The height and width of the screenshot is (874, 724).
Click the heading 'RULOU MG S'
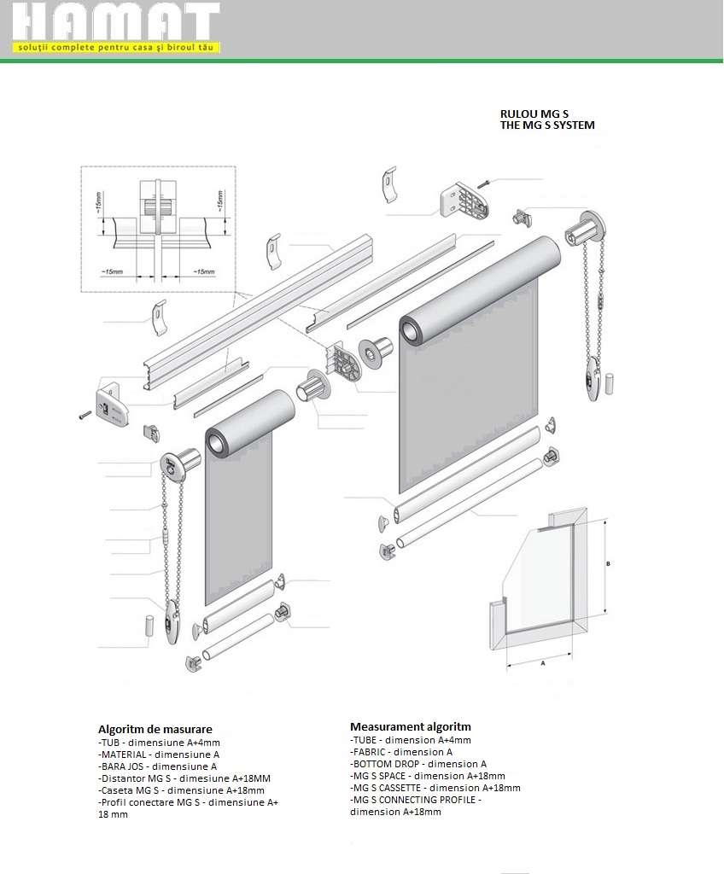[534, 113]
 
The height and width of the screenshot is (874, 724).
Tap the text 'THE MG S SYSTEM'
[547, 125]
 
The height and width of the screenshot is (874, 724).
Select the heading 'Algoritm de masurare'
[155, 730]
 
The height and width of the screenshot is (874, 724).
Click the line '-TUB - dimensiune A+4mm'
[159, 743]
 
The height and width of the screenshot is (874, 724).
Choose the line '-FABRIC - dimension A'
[401, 752]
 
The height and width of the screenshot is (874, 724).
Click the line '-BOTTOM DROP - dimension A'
[418, 764]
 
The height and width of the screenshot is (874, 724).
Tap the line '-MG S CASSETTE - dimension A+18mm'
[435, 788]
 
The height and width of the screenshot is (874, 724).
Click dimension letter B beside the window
[607, 564]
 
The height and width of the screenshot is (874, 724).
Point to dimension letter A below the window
[542, 661]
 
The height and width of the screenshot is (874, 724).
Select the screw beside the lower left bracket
[85, 416]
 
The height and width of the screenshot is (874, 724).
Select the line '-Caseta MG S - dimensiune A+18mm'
[181, 790]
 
